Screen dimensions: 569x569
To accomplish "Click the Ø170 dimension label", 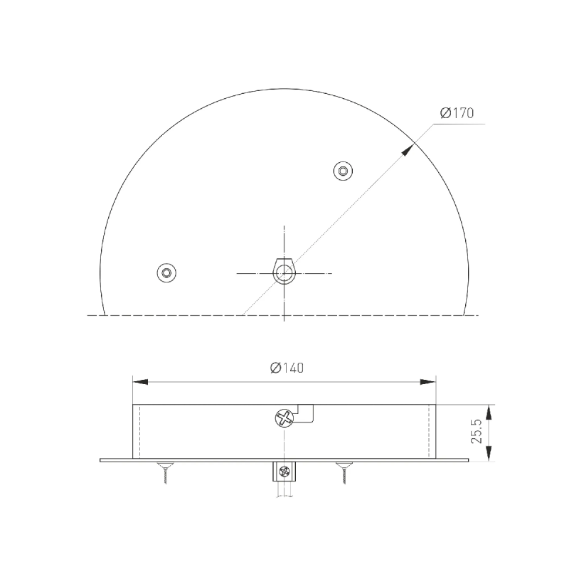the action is [457, 113].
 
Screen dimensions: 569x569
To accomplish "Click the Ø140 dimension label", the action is [287, 368].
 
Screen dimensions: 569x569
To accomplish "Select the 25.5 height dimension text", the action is [476, 432].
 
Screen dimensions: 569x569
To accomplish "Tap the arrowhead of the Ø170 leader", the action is [408, 150].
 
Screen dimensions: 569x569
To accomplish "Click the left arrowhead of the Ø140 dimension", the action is [140, 382].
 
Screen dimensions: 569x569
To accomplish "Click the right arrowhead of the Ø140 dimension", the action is [428, 382].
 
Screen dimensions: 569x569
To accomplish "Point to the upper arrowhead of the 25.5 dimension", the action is [489, 413].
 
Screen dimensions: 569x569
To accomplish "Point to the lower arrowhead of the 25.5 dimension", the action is [489, 452].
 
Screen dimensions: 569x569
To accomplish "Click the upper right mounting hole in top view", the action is [343, 171].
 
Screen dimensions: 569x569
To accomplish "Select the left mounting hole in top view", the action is [166, 272].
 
